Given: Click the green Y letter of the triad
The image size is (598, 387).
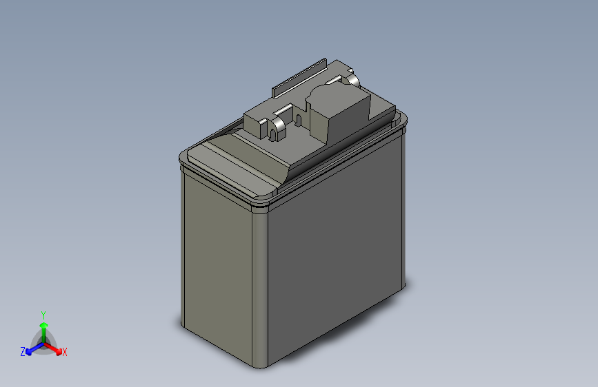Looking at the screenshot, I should click(x=43, y=314).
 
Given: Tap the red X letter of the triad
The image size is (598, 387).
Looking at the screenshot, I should click(x=65, y=353).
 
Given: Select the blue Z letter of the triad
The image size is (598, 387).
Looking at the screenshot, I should click(x=23, y=352).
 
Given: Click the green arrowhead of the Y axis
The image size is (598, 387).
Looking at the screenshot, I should click(x=43, y=325).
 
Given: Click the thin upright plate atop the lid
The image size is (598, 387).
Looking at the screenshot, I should click(x=299, y=76).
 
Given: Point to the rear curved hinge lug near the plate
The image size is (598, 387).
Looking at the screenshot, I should click(x=352, y=81).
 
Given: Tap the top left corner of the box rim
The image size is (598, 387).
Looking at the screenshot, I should click(x=180, y=158).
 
